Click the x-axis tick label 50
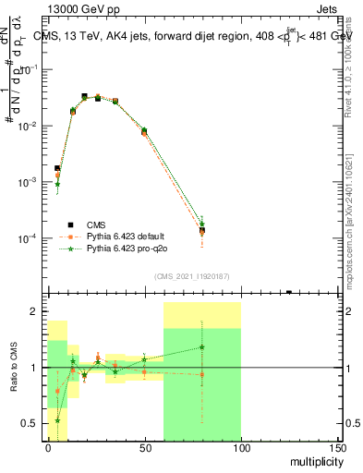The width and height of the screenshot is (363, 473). click(x=145, y=448)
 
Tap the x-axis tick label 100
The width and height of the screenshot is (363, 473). click(x=241, y=448)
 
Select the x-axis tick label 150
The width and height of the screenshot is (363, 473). click(x=337, y=448)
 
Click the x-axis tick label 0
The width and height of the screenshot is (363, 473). click(x=48, y=448)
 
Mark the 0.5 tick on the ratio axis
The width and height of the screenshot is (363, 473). click(x=33, y=424)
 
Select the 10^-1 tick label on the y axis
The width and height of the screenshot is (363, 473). click(x=30, y=69)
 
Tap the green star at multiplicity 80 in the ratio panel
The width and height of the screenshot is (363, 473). click(x=202, y=347)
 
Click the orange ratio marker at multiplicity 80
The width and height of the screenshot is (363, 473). click(x=202, y=374)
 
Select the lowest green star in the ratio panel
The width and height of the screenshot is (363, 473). click(x=57, y=419)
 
